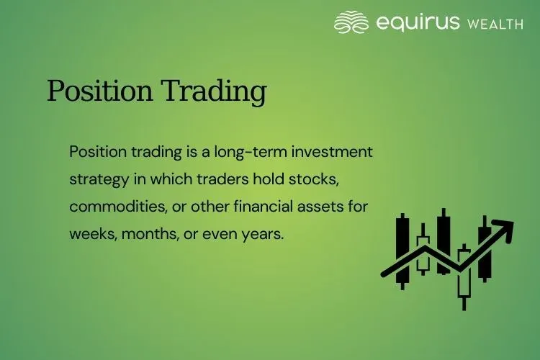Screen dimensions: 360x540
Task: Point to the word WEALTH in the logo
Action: [495, 24]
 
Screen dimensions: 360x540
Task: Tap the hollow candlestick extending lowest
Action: [464, 277]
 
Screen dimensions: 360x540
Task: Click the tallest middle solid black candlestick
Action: [443, 241]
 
